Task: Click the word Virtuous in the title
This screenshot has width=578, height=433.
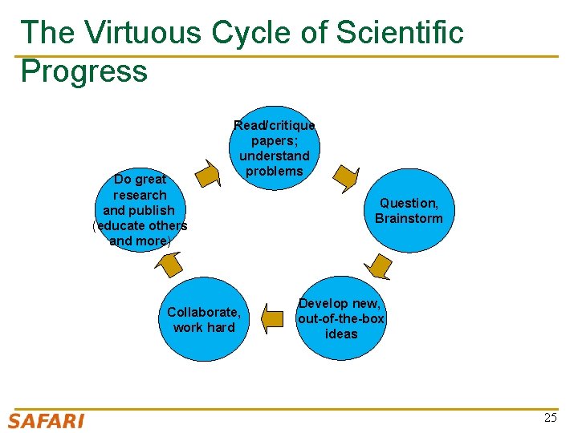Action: [144, 32]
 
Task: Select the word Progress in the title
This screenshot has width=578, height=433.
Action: [84, 71]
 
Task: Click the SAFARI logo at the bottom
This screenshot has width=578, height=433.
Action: [46, 420]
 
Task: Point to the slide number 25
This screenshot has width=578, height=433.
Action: [550, 418]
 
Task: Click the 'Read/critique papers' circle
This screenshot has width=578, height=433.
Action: [275, 148]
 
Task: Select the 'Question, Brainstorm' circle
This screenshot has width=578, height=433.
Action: [409, 211]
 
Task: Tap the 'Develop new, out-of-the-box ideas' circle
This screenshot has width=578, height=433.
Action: [341, 318]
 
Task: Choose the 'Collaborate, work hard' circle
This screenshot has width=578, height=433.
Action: [204, 319]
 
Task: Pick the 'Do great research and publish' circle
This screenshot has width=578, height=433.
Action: [140, 210]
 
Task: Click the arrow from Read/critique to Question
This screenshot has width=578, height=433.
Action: [346, 178]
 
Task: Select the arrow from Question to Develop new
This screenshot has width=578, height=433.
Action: [378, 265]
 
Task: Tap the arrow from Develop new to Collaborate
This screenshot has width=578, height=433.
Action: [274, 319]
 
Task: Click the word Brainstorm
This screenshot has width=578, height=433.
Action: [409, 219]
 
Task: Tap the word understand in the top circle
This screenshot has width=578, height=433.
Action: [275, 156]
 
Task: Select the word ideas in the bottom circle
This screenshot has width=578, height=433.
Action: [341, 334]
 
